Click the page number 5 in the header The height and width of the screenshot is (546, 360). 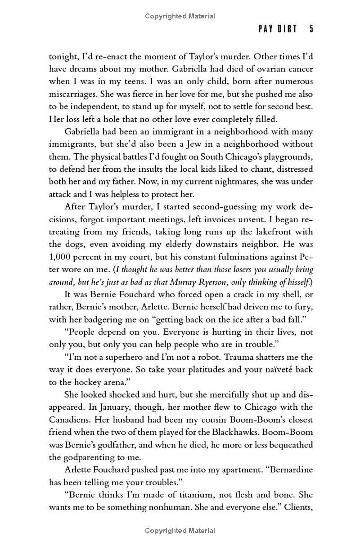coord(311,29)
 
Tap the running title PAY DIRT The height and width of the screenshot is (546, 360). coord(278,29)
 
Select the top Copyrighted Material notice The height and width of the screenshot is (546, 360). coord(180,16)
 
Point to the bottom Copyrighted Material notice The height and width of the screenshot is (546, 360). coord(180,531)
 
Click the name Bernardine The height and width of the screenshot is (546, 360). coord(291,470)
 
